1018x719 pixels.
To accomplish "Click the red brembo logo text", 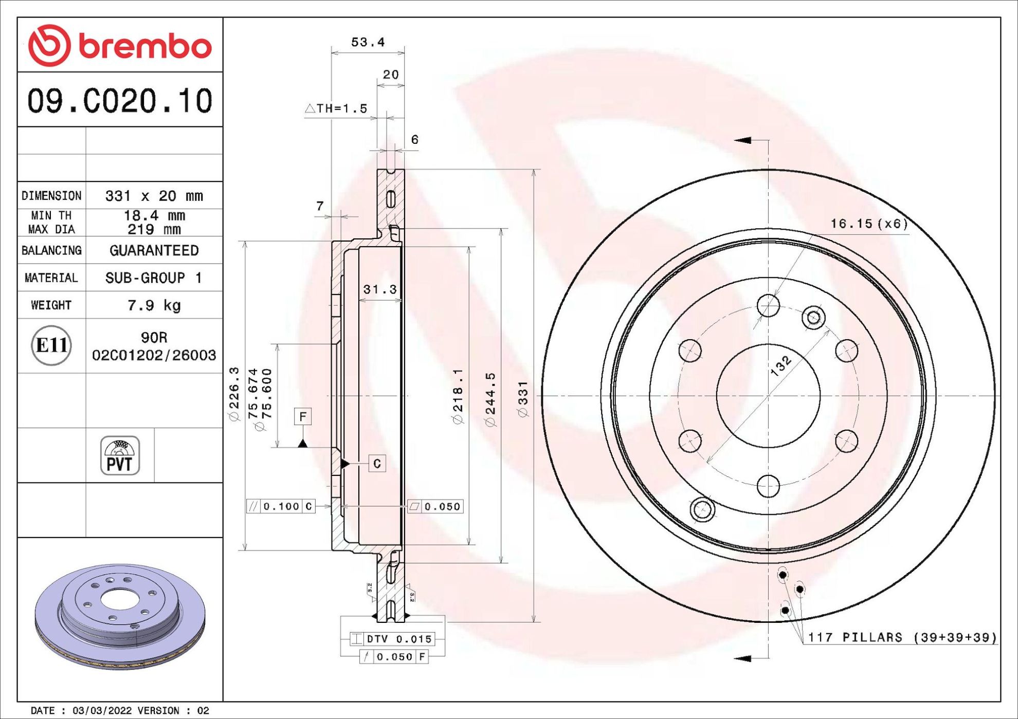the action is (x=145, y=47).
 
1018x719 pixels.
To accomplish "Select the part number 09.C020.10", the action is (x=120, y=101).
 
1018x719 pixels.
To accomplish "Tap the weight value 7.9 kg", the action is (x=154, y=305).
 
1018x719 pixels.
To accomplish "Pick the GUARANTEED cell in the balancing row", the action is (x=154, y=250).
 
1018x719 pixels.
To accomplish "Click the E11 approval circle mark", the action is (x=51, y=345).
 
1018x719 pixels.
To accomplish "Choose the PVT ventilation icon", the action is (x=120, y=455).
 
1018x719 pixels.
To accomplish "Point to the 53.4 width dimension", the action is (x=368, y=42).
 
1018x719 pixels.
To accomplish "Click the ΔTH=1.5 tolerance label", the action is (x=336, y=108).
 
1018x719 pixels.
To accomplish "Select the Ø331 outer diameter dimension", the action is (x=523, y=399).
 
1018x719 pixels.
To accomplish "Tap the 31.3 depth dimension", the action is (x=380, y=289).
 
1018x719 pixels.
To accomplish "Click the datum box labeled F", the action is (x=303, y=416).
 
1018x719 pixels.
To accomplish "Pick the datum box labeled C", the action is (x=377, y=464).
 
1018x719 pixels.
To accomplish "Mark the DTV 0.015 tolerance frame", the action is (x=392, y=639).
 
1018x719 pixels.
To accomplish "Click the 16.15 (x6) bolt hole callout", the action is (x=869, y=224).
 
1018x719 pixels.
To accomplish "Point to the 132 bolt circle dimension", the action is (x=781, y=366).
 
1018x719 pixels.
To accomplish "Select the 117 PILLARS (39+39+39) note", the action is (x=902, y=637).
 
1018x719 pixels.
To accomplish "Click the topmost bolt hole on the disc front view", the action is (x=768, y=305).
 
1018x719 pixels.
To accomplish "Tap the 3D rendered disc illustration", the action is (x=120, y=616).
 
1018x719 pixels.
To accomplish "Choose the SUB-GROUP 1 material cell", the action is (x=154, y=278).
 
